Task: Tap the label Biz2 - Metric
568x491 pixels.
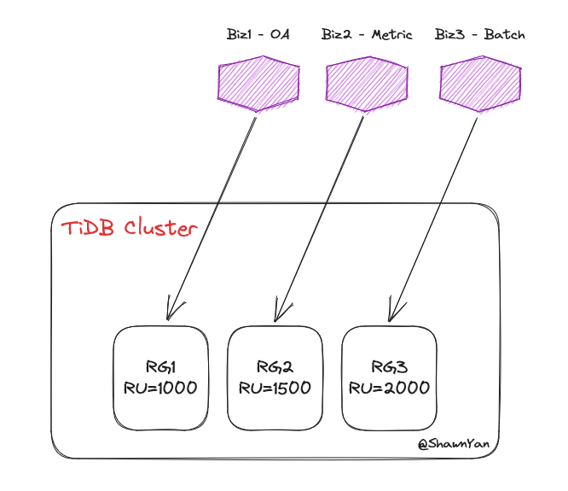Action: coord(367,35)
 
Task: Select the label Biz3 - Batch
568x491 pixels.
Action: coord(479,35)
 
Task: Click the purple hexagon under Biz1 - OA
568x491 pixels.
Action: coord(257,84)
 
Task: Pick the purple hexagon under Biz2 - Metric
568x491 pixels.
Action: coord(366,84)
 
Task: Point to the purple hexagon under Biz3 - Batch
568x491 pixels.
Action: coord(479,84)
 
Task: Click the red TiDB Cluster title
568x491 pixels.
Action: coord(129,229)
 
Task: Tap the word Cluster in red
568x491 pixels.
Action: coord(161,229)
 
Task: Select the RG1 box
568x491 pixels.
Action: coord(160,377)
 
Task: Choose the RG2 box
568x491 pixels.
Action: coord(275,377)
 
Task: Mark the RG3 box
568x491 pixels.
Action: coord(389,377)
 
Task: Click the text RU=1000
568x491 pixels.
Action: coord(160,388)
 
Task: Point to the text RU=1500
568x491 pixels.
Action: coord(275,388)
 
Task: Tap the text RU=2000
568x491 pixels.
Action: coord(389,388)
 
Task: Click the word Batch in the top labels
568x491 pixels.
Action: coord(505,35)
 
